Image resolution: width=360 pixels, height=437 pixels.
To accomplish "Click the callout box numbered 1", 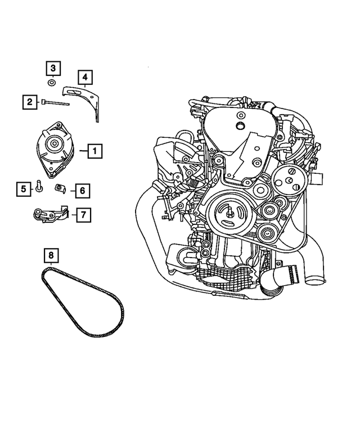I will click(95, 151).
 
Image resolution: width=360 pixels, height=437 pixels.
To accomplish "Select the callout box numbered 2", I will click(28, 102).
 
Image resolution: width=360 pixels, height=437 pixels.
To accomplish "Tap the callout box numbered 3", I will click(52, 69).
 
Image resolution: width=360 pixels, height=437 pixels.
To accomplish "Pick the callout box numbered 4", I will click(85, 76).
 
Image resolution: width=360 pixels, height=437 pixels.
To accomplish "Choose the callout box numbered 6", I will click(82, 191).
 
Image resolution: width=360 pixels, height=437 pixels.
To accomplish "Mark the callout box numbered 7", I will click(82, 214).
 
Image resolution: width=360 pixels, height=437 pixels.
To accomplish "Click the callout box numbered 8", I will click(51, 256).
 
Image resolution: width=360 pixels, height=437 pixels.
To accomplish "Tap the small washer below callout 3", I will click(52, 83).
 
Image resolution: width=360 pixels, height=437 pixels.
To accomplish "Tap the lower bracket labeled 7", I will click(51, 214).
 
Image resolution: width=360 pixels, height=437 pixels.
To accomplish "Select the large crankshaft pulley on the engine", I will click(228, 214).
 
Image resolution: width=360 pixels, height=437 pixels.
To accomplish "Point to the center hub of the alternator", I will click(55, 144).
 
